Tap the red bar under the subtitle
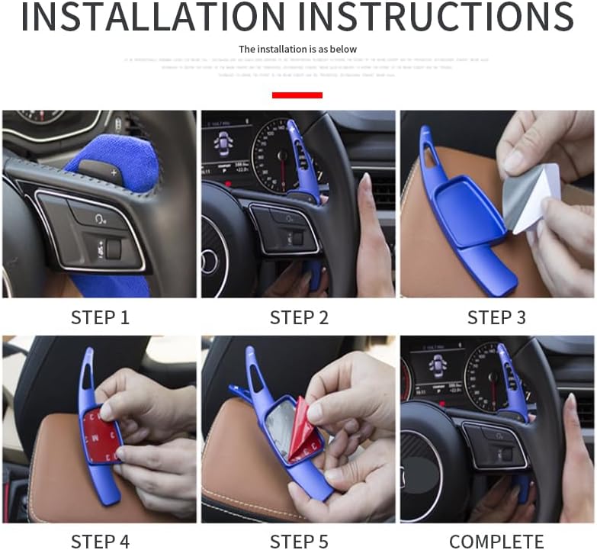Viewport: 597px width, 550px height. [x=297, y=95]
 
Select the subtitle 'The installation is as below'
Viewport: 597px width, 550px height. [x=297, y=49]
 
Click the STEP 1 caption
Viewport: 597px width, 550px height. [x=100, y=317]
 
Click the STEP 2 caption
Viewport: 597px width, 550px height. [x=299, y=317]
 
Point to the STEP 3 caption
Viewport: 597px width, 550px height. [x=496, y=317]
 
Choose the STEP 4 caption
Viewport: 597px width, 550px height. [x=100, y=542]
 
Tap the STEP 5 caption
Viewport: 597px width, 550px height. [x=299, y=542]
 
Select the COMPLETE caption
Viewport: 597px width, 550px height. [x=496, y=542]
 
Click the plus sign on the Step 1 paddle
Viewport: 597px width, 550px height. [x=114, y=173]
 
